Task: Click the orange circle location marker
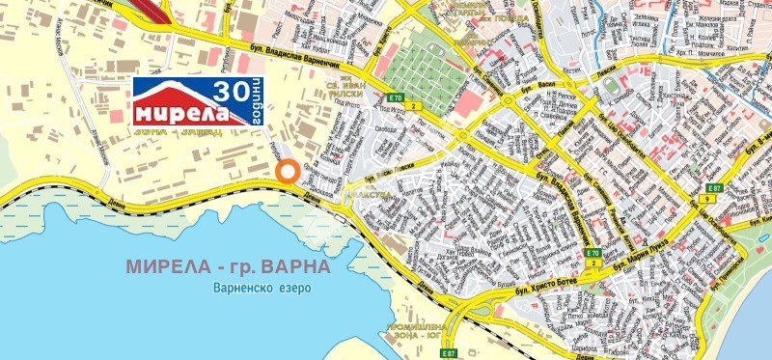pos(287,172)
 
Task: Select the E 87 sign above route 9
pos(715,188)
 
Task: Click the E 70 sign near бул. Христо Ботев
pos(592,253)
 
